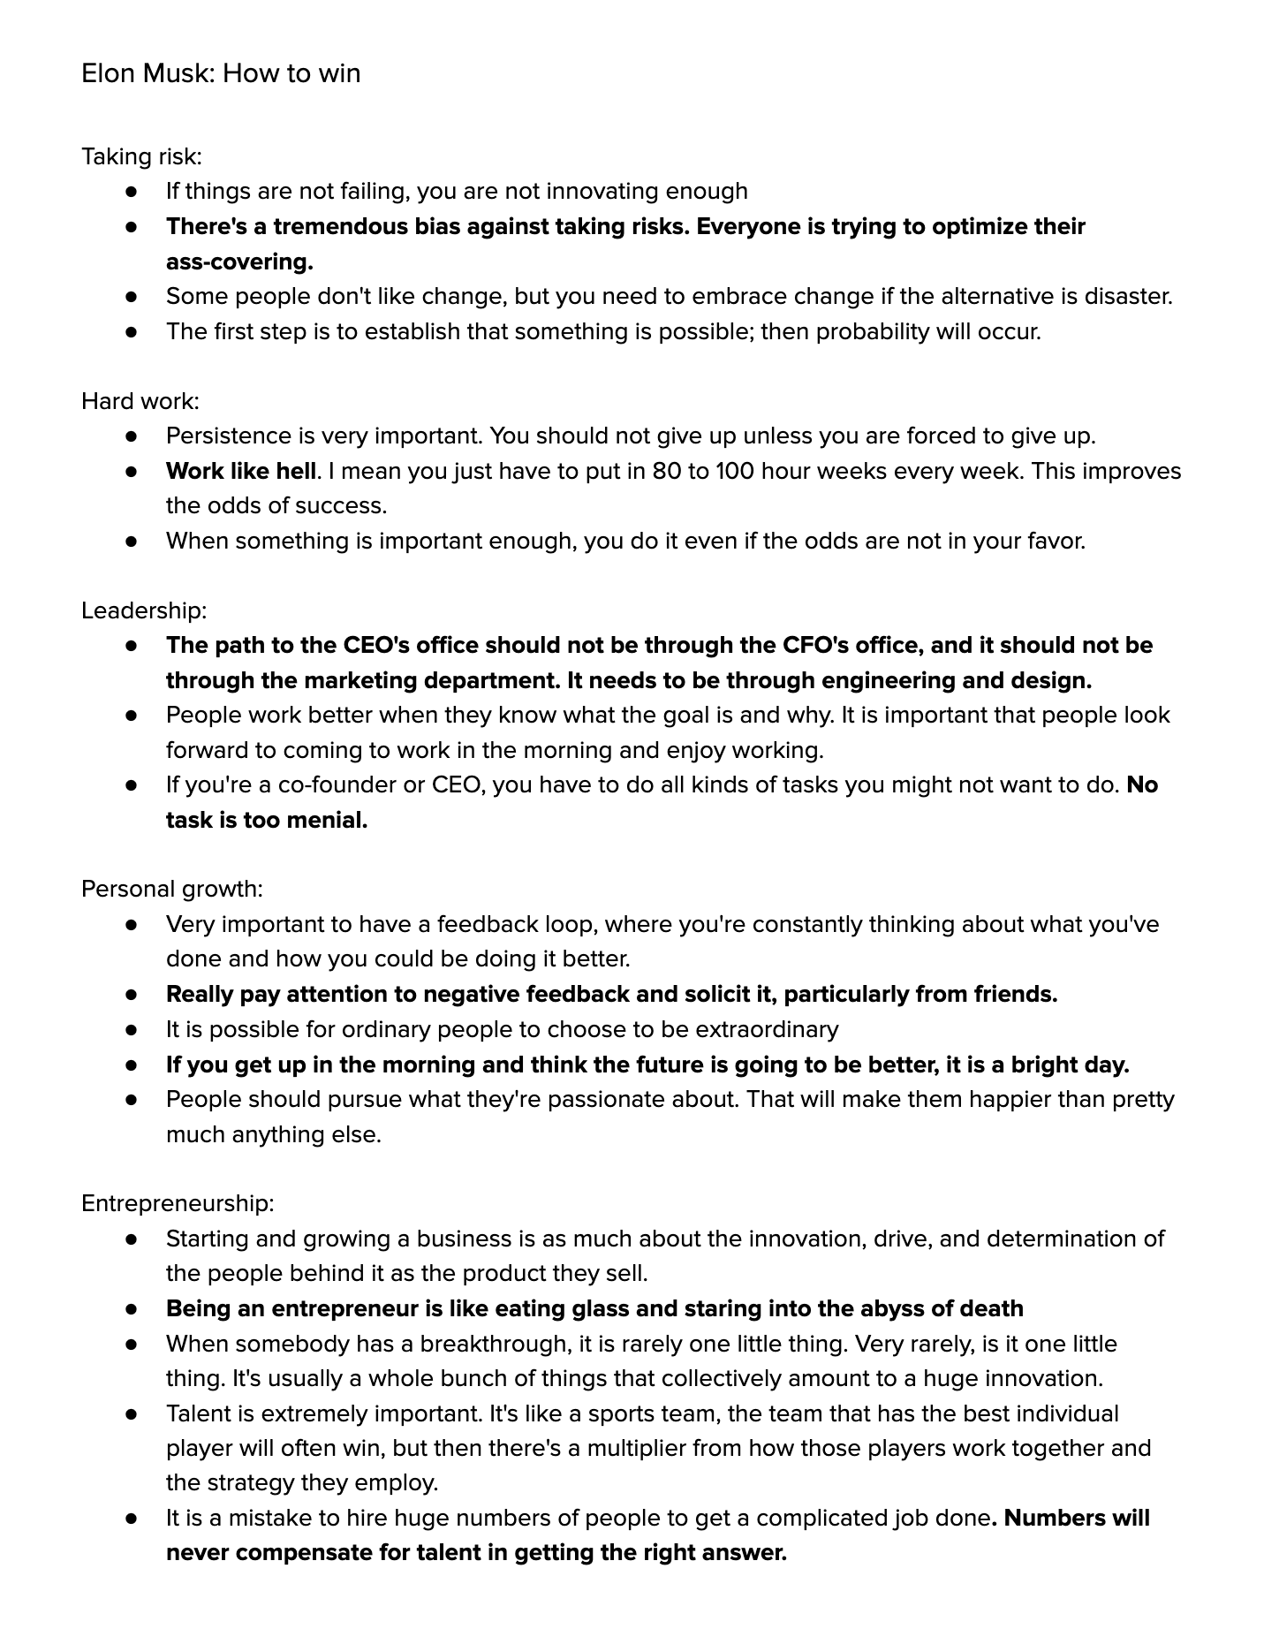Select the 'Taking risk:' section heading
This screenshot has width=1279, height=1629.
click(x=141, y=156)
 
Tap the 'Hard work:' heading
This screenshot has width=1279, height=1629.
click(x=140, y=401)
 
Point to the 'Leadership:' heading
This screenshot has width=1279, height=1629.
click(x=144, y=610)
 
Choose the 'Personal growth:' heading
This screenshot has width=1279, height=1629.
click(x=172, y=889)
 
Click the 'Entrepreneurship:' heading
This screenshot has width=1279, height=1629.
click(x=178, y=1203)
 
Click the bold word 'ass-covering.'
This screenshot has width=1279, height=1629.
click(x=239, y=261)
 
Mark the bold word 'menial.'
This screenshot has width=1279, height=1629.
click(x=322, y=820)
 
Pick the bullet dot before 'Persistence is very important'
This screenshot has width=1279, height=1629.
click(x=132, y=436)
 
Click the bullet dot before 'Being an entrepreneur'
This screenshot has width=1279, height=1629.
click(x=132, y=1308)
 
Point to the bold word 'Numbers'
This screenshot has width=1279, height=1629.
click(x=1054, y=1518)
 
